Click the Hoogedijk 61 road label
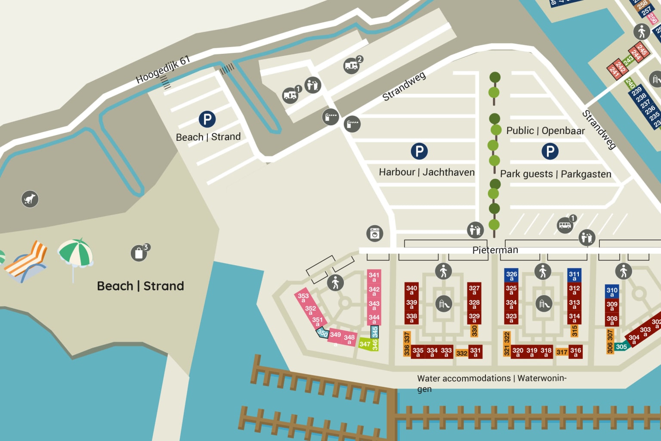click(163, 69)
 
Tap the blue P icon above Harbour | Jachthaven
click(419, 151)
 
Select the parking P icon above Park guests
click(550, 151)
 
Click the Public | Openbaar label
click(545, 130)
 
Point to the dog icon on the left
click(30, 199)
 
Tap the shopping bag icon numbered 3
click(139, 253)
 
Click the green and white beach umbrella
click(75, 254)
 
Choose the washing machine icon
click(374, 233)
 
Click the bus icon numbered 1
click(565, 225)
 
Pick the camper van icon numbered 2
click(351, 66)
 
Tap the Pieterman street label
click(495, 250)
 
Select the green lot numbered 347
click(365, 344)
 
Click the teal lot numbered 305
click(621, 347)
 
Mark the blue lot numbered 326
click(511, 275)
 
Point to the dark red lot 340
click(411, 289)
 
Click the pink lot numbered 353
click(303, 297)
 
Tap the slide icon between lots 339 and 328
click(443, 304)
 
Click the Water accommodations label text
click(491, 379)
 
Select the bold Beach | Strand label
click(140, 286)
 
